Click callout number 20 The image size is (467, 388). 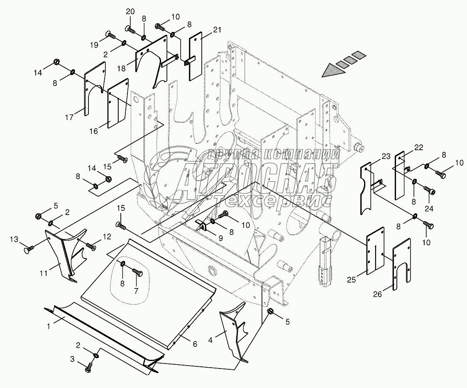coord(130,12)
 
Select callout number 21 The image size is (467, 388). coord(217,29)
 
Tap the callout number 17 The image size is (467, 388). coord(68,117)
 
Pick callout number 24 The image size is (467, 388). coord(428,209)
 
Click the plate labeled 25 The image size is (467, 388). coord(375,250)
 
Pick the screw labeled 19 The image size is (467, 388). coord(110,35)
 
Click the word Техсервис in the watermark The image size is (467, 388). coord(272,201)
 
